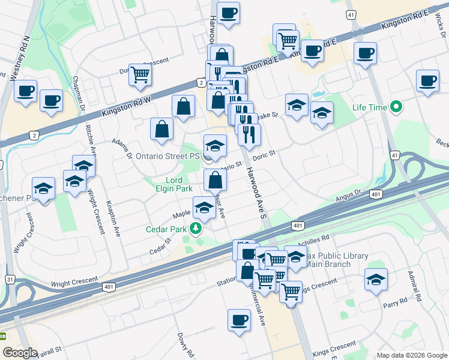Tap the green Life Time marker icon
click(396, 108)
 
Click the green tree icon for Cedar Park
click(194, 228)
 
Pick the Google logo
click(20, 352)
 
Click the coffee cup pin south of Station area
click(239, 320)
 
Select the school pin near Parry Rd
click(376, 280)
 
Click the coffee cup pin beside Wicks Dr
click(428, 81)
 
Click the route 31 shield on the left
click(9, 280)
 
